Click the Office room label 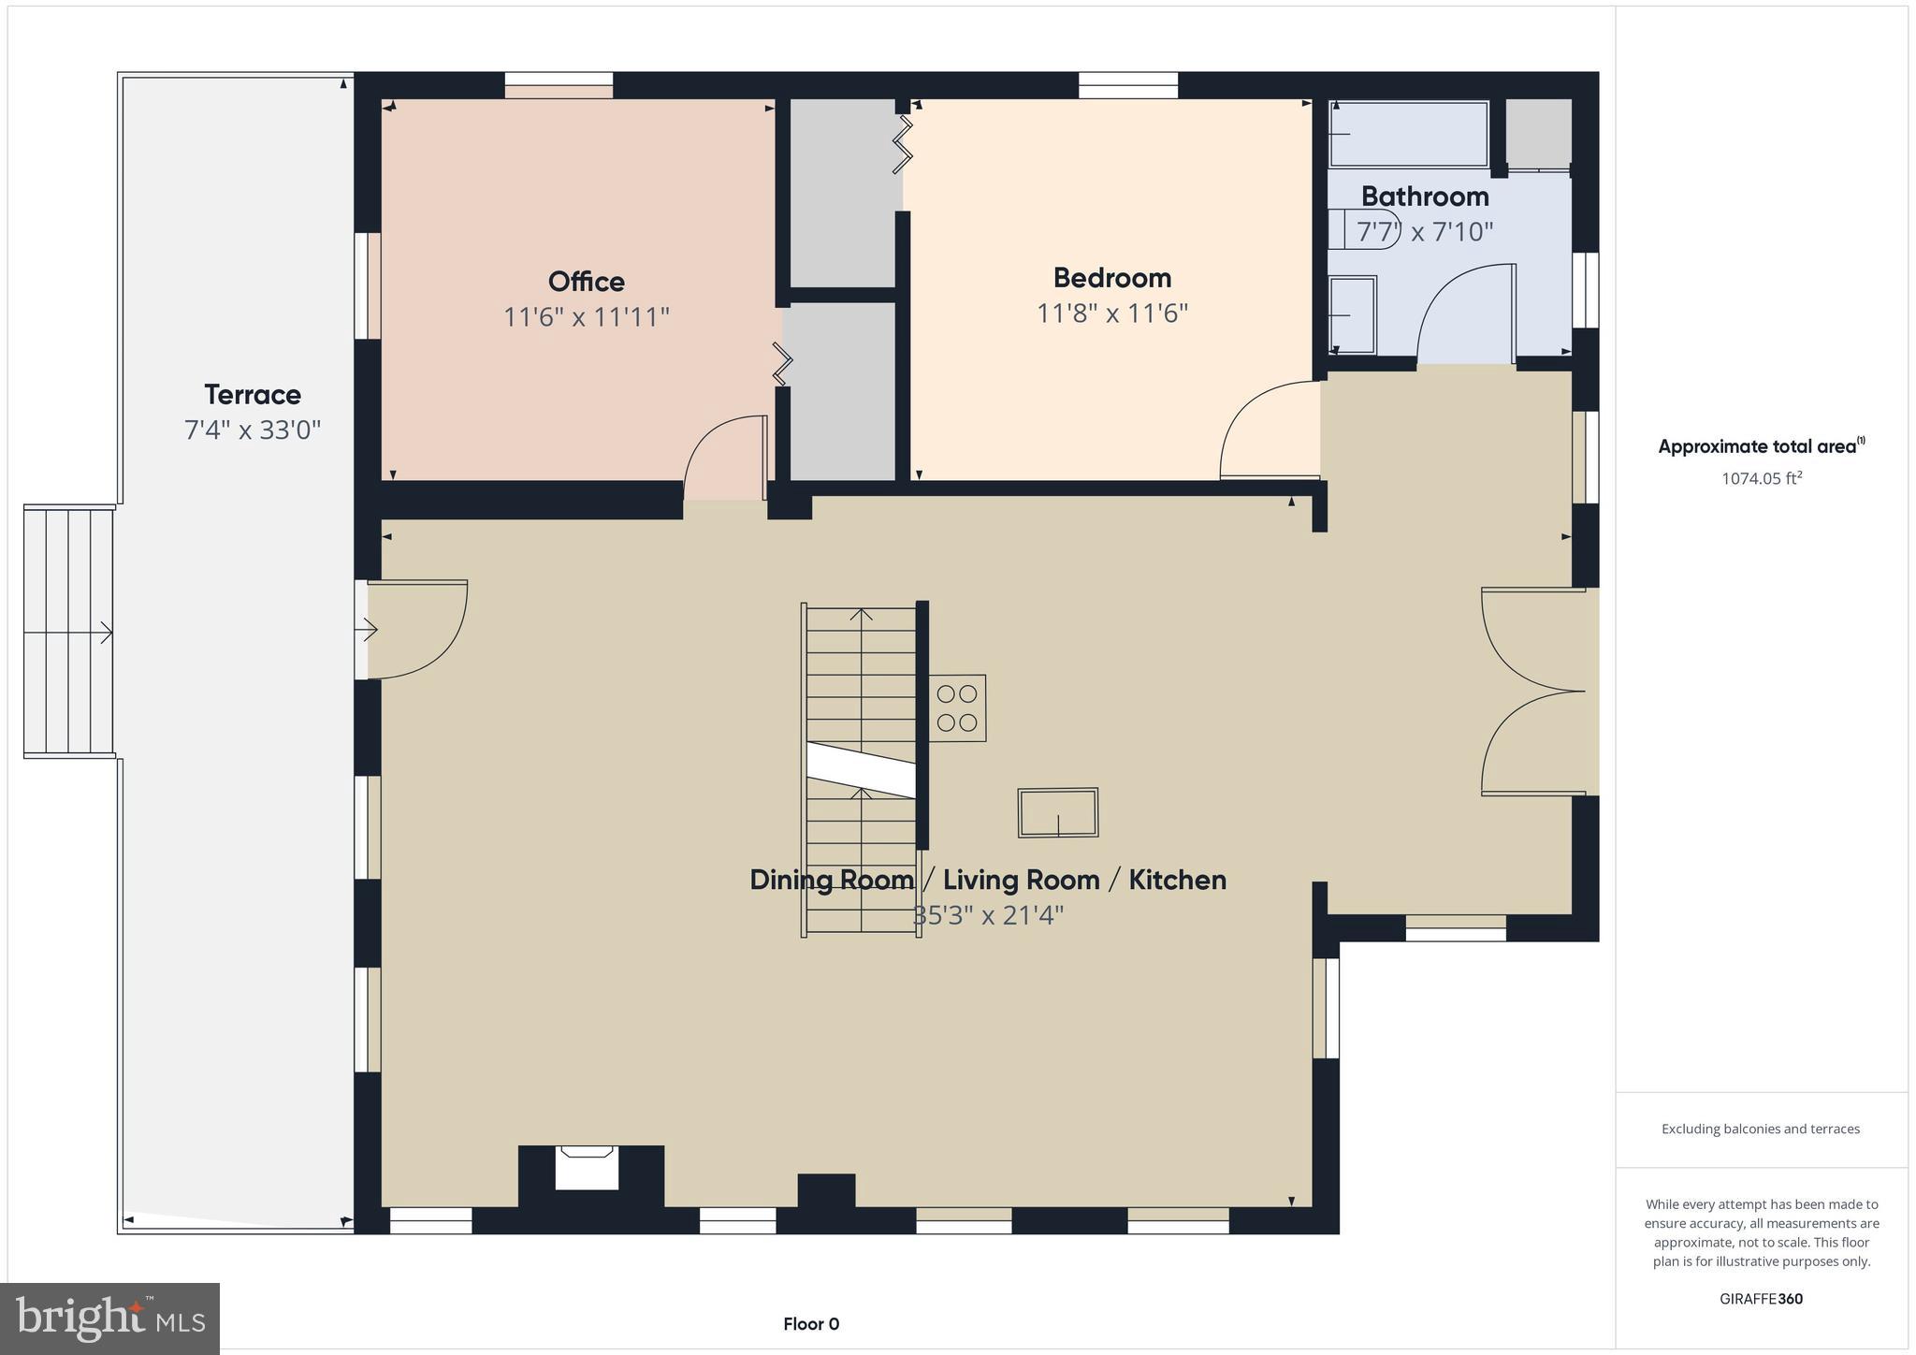pos(586,282)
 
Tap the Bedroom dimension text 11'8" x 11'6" pos(1111,313)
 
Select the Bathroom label pos(1424,197)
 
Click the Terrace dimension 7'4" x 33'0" pos(252,430)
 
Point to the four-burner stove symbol pos(957,708)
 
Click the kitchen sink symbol pos(1057,812)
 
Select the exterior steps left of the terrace pos(68,632)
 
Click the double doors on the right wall pos(1534,692)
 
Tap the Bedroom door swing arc pos(1268,430)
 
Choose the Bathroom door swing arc pos(1464,313)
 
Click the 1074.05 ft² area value pos(1761,479)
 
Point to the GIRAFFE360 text pos(1761,1299)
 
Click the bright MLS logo pos(110,1319)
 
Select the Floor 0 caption pos(811,1324)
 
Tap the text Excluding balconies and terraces pos(1760,1129)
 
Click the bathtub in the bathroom pos(1408,134)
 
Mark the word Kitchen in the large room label pos(1177,881)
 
